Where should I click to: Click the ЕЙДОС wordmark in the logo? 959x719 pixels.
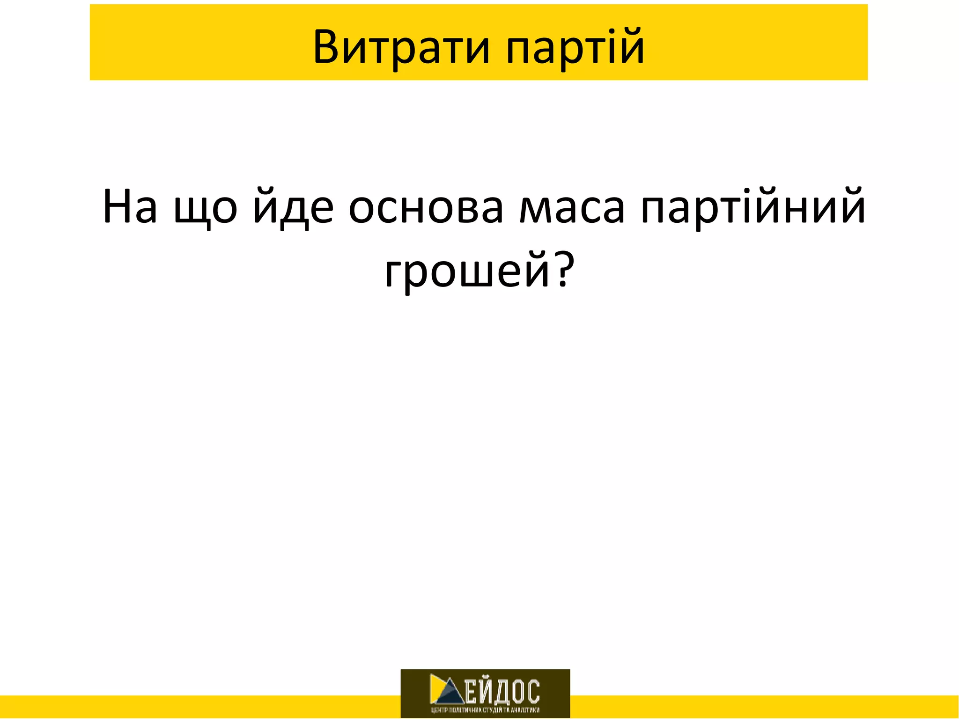[x=502, y=691]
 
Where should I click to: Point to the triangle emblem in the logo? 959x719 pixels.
[x=446, y=690]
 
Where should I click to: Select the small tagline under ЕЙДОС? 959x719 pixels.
[x=485, y=710]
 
